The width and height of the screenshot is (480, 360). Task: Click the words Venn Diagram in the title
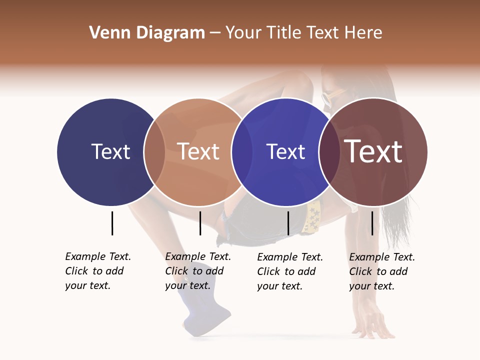(147, 33)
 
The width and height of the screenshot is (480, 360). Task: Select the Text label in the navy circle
(110, 151)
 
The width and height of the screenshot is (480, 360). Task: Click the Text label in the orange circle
(198, 151)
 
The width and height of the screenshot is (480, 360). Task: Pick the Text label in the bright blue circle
(285, 151)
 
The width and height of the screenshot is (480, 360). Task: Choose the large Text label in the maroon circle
(373, 151)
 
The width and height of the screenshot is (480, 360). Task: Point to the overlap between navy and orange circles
(154, 152)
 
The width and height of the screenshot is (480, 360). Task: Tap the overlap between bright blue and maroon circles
(329, 152)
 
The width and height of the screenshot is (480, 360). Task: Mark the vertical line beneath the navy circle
(112, 223)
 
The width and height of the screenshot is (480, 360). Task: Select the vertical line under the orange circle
(200, 223)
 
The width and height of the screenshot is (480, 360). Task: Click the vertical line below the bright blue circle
(288, 223)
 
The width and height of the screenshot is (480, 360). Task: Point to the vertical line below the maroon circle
(372, 223)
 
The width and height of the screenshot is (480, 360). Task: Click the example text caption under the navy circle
(97, 271)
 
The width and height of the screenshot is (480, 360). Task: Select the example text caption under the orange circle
(197, 271)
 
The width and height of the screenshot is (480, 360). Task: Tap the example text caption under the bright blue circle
(289, 271)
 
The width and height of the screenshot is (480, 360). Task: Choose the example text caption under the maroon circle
(381, 271)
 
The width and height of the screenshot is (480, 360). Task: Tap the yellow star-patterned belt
(313, 218)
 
